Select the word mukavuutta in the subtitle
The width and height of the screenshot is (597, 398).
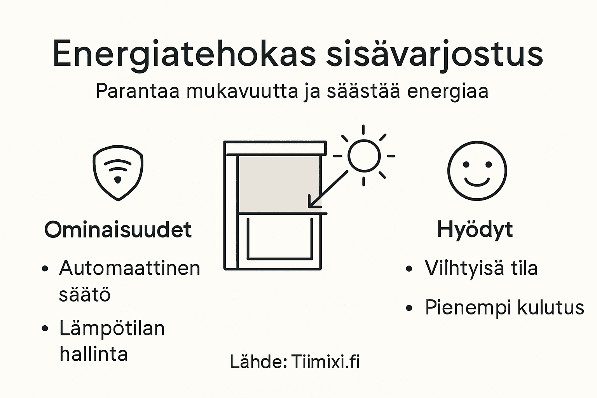pos(242,92)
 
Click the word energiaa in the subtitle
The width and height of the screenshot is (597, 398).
pos(447,92)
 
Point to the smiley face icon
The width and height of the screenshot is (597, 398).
pos(477,171)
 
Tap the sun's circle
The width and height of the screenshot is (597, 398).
pos(364,155)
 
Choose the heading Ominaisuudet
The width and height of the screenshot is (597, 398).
pos(118,229)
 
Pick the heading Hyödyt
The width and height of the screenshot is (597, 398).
pos(475,229)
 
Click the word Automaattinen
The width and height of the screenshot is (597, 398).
pos(129,268)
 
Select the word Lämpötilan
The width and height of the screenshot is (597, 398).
pos(112,328)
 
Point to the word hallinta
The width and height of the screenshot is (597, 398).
pos(94,354)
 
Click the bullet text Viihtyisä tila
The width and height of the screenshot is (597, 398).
pos(481,268)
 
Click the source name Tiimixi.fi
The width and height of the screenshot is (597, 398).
pos(325,361)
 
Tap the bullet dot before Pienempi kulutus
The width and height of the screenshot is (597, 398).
pos(408,308)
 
